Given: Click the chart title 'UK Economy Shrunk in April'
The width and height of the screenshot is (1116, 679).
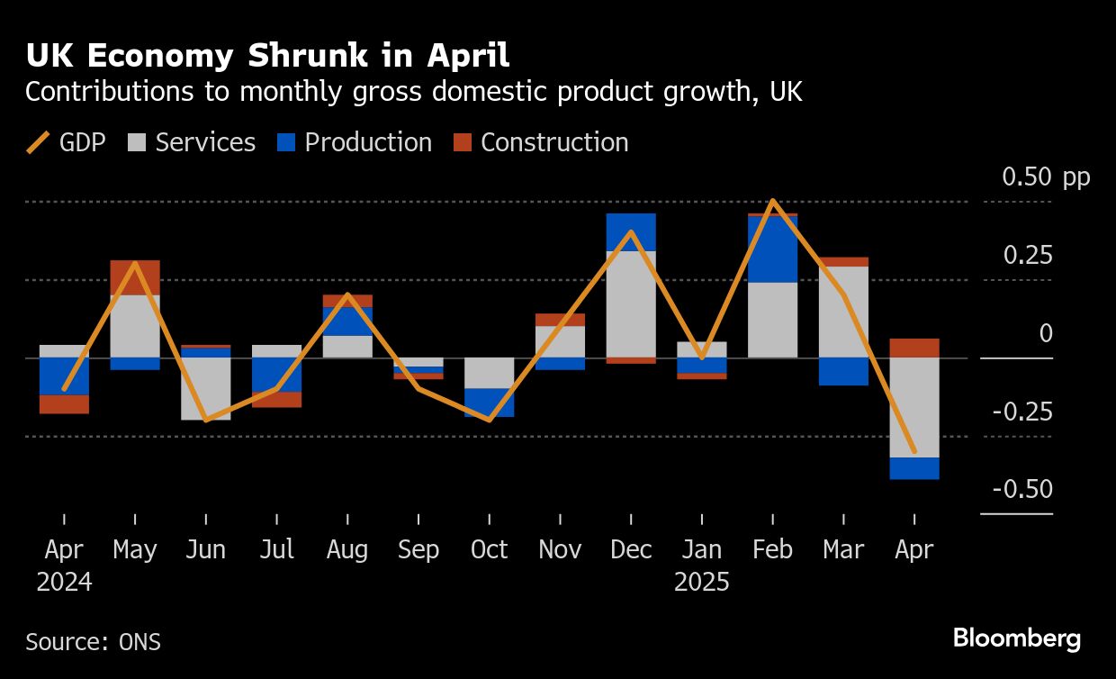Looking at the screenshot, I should tap(267, 56).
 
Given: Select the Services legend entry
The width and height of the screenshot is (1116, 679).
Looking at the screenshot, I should tap(192, 143).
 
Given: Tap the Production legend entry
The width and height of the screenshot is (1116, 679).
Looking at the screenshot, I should tap(355, 143).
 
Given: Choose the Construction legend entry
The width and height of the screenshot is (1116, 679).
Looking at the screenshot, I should tap(540, 143).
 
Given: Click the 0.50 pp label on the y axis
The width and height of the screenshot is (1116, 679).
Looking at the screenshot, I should tap(1046, 177).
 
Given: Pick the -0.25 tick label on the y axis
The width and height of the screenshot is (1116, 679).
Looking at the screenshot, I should tap(1022, 412).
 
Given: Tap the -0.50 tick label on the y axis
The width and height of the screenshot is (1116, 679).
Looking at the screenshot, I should tap(1022, 490).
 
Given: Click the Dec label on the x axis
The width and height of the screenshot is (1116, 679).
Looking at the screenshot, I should tap(631, 549).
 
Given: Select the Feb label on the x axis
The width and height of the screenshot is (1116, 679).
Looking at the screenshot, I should tap(772, 549).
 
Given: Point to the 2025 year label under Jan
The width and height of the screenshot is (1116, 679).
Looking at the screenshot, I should tap(701, 582).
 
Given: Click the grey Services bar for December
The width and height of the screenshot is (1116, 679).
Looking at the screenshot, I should tap(631, 303).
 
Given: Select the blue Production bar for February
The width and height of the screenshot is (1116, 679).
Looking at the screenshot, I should tap(772, 249).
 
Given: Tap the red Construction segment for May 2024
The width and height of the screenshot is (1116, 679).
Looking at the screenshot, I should tap(135, 277).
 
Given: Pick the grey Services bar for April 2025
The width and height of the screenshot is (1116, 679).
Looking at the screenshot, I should tap(914, 407).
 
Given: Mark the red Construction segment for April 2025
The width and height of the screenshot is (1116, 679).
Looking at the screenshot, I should tap(914, 348).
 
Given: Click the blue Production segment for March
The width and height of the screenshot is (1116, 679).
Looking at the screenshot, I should tap(843, 371).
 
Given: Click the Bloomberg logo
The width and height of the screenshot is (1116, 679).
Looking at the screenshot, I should tap(1017, 639).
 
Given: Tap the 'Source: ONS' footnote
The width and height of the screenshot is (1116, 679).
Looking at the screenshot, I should tap(93, 642).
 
